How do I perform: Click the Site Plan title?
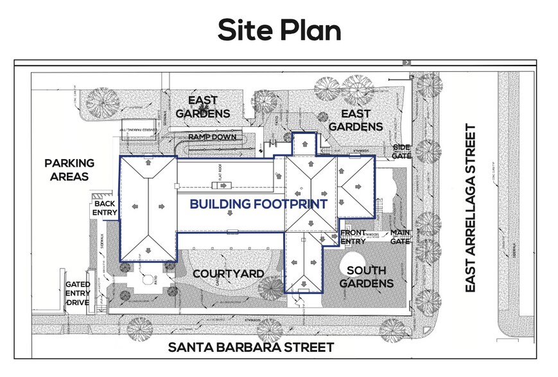[x=279, y=29]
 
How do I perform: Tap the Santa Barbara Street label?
[x=251, y=348]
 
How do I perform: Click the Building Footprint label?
[x=258, y=205]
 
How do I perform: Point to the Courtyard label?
[x=229, y=274]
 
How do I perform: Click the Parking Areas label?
[x=69, y=169]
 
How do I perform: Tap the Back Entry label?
[x=104, y=208]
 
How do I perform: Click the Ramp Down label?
[x=212, y=138]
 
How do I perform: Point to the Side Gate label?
[x=401, y=151]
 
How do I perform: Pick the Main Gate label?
[x=401, y=237]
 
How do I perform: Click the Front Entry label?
[x=353, y=237]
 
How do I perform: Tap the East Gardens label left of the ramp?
[x=202, y=107]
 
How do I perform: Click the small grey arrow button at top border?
[x=406, y=62]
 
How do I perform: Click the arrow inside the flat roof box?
[x=223, y=185]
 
